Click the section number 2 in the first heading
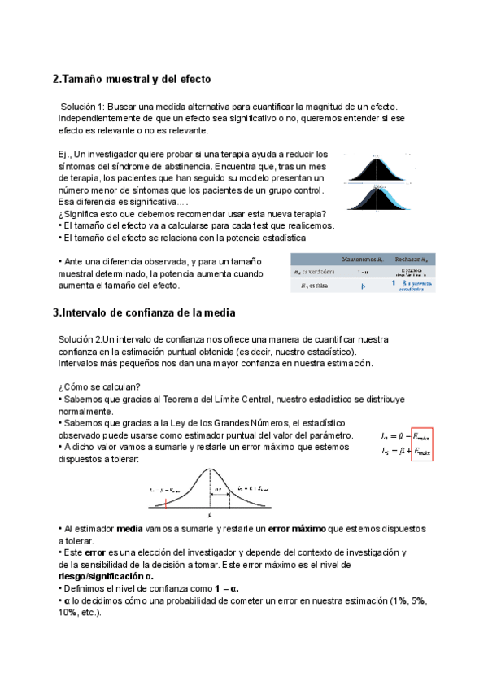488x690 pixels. pos(55,80)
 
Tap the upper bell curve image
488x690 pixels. pos(376,168)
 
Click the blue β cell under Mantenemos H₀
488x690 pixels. pos(363,286)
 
